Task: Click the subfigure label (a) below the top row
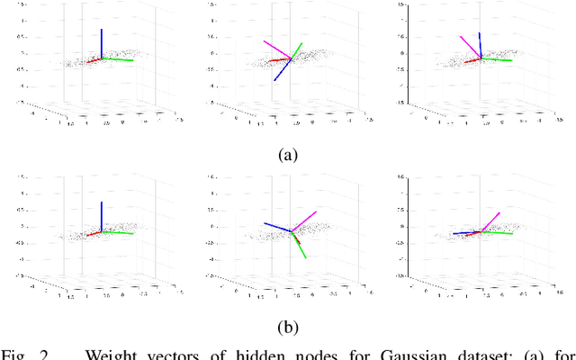(287, 154)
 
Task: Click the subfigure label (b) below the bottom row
(287, 327)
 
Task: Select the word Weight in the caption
(113, 352)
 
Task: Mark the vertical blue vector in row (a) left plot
(101, 43)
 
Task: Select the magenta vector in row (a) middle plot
(276, 49)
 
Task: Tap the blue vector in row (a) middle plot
(282, 71)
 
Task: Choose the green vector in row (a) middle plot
(296, 51)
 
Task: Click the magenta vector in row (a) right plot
(469, 46)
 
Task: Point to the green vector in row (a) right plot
(497, 60)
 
